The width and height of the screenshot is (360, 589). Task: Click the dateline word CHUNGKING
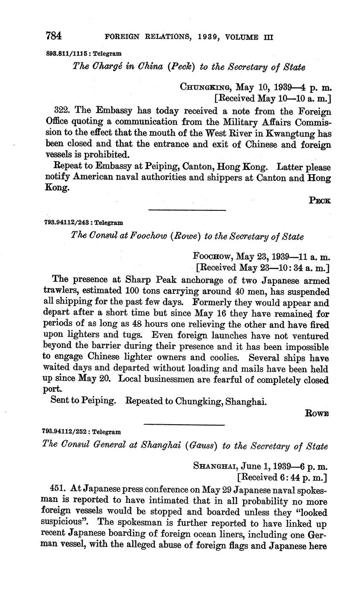pos(206,87)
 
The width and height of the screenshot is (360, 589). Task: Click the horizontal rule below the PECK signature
pos(186,210)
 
